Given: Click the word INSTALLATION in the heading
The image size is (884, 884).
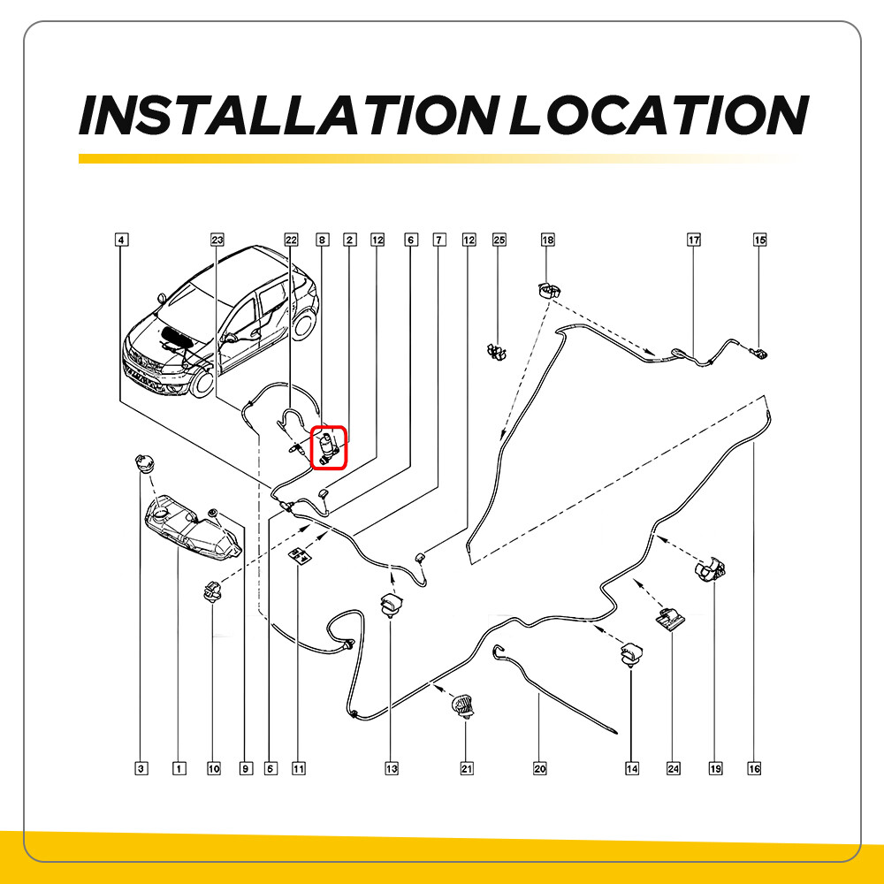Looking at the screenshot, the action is click(x=289, y=115).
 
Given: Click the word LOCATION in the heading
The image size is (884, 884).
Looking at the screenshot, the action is click(x=659, y=115).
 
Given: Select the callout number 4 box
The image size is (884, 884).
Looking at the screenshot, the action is click(x=121, y=240).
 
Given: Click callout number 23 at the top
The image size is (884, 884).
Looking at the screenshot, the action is click(x=217, y=240).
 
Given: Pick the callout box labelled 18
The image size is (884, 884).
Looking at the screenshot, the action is click(x=547, y=240).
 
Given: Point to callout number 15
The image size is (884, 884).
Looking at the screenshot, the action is click(x=760, y=240).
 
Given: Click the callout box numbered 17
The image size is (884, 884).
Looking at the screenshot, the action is click(x=693, y=240).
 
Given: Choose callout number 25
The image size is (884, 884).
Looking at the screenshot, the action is click(x=499, y=240).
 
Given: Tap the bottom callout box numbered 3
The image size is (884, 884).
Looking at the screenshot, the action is click(x=141, y=768).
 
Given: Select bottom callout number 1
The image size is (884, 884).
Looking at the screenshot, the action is click(x=179, y=768).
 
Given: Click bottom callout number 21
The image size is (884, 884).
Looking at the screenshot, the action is click(x=467, y=768).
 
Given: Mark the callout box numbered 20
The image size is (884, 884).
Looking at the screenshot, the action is click(x=539, y=768).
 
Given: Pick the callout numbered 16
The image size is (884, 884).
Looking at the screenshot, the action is click(x=754, y=768).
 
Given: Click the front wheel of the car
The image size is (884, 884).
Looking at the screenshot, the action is click(x=202, y=382).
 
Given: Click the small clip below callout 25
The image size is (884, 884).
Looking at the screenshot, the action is click(x=497, y=351).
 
